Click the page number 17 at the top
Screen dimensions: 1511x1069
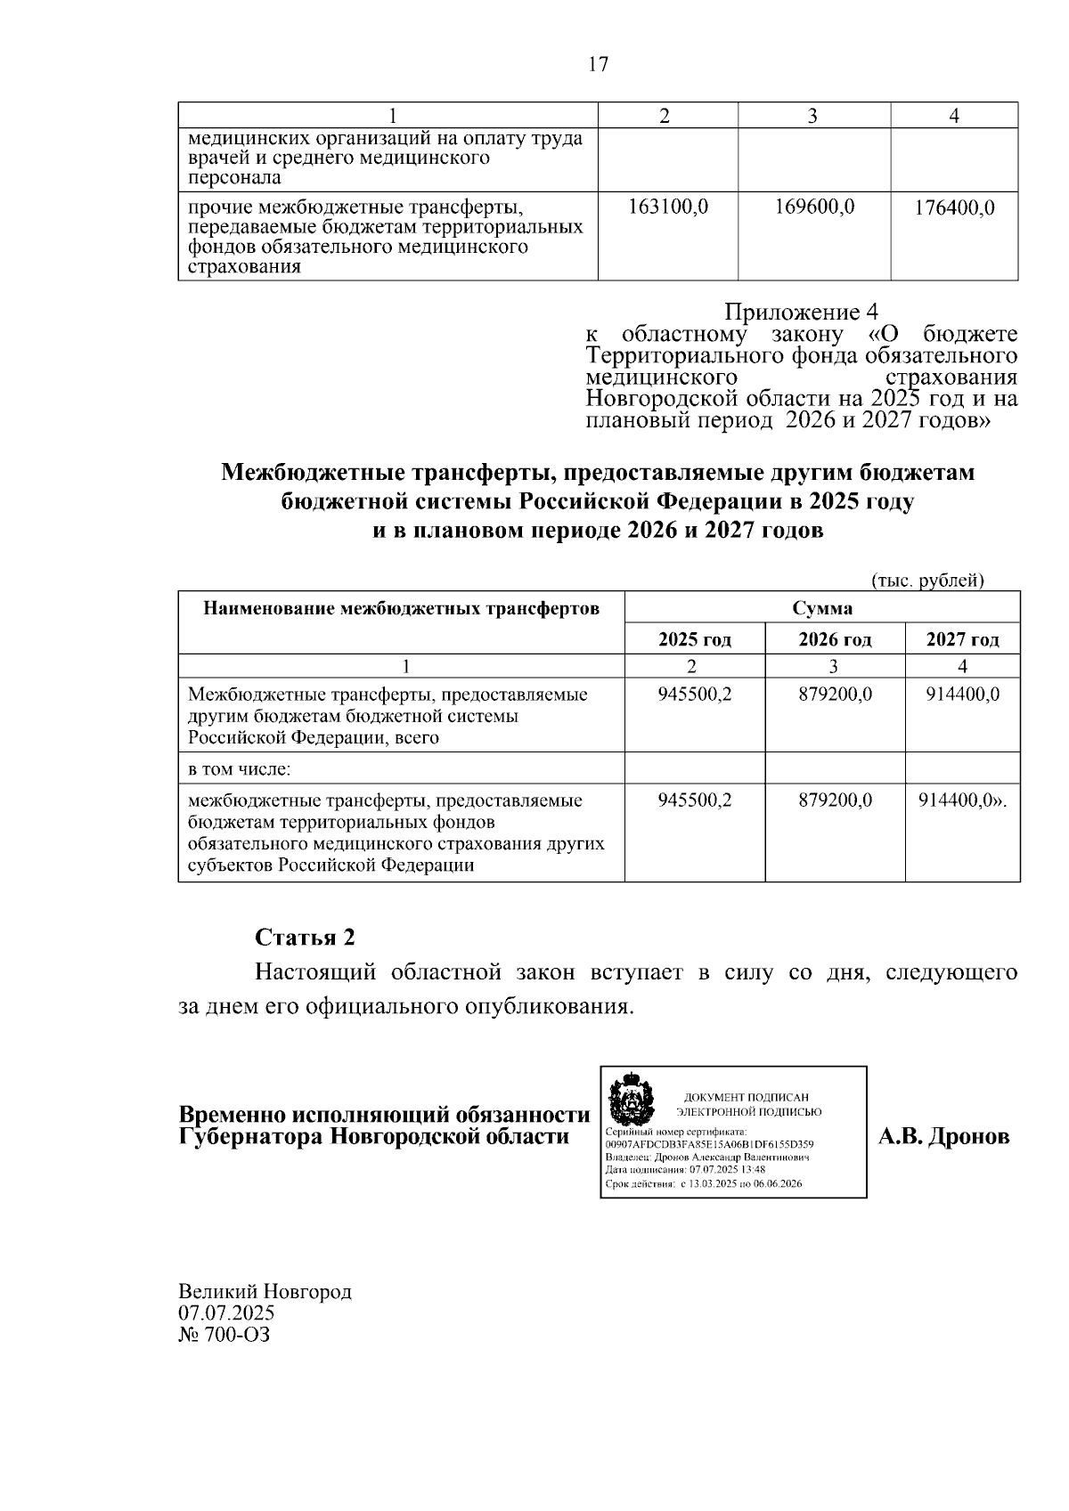599,64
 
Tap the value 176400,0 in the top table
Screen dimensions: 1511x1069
954,209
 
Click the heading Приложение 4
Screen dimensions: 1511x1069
801,313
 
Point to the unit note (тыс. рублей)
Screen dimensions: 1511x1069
927,581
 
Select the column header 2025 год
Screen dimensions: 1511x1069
695,639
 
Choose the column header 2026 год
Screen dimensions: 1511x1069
835,639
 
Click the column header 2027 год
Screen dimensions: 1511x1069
962,639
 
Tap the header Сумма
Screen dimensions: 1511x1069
822,609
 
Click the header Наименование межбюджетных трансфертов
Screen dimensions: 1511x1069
402,609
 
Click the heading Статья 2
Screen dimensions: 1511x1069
305,938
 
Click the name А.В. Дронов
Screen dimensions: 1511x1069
944,1137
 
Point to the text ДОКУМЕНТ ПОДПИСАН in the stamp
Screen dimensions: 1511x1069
747,1097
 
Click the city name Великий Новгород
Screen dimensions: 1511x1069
265,1291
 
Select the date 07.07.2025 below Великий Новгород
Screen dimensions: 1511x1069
226,1313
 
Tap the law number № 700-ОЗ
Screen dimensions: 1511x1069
224,1335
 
